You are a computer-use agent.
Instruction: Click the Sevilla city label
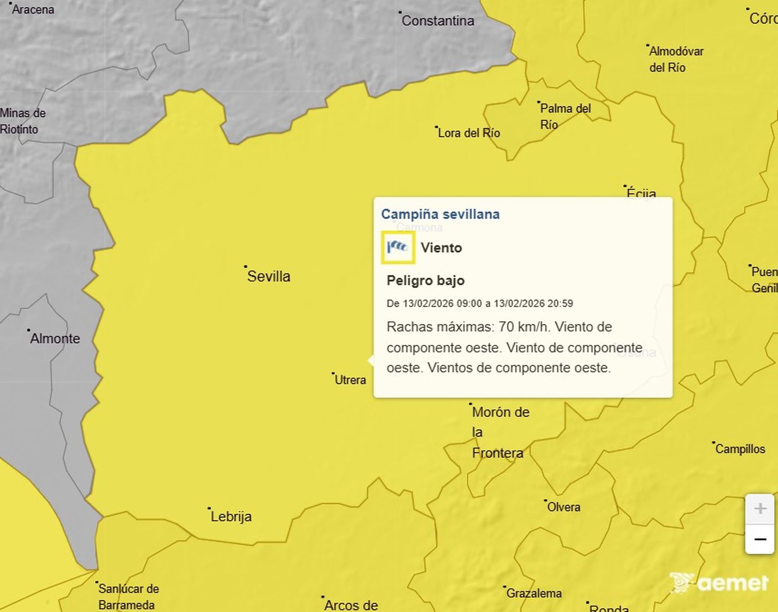tap(268, 276)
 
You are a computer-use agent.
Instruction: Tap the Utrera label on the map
tap(350, 380)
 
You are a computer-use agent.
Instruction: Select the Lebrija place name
tap(231, 516)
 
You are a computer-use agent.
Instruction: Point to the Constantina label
tap(438, 21)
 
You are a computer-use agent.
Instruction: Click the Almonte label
tap(55, 339)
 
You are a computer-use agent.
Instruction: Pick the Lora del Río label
tap(469, 133)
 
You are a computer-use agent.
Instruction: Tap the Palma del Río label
tap(565, 116)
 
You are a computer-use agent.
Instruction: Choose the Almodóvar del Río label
tap(676, 59)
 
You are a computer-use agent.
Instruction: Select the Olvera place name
tap(564, 507)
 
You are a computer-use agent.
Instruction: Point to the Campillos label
tap(740, 449)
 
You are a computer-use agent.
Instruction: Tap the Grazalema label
tap(534, 593)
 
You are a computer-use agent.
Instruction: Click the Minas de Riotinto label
tap(22, 121)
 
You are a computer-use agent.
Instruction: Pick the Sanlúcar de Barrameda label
tap(128, 596)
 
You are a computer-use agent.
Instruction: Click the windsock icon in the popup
tap(398, 248)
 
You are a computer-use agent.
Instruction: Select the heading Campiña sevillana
tap(440, 214)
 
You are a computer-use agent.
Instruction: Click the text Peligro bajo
tap(425, 280)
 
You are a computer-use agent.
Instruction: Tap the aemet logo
tap(720, 582)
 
